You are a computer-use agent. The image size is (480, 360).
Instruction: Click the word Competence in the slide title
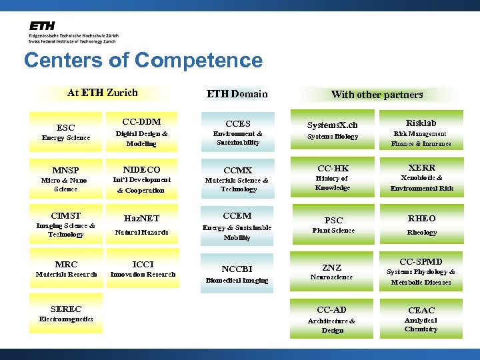click(199, 61)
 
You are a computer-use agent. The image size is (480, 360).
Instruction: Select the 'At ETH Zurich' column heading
click(103, 93)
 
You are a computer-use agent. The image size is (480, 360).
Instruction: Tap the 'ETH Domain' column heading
click(237, 94)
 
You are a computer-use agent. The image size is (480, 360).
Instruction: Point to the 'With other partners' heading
click(377, 95)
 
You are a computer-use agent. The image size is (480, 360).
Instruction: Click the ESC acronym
click(66, 127)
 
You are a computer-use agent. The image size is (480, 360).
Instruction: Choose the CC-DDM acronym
click(141, 122)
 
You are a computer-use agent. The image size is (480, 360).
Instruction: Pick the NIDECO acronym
click(141, 170)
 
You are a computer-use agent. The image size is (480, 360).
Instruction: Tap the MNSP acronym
click(65, 170)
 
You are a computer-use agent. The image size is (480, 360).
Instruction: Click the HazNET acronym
click(141, 218)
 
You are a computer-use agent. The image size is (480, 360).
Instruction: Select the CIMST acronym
click(65, 215)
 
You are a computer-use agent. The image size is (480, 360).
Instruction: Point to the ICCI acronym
click(143, 264)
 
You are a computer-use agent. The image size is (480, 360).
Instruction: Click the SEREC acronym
click(65, 309)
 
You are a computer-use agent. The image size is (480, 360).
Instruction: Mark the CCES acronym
click(238, 123)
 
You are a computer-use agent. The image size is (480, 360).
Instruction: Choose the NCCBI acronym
click(237, 269)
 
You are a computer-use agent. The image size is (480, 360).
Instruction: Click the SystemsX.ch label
click(332, 125)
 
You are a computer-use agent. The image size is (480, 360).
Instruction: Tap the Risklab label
click(421, 123)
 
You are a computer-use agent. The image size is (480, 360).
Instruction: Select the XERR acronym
click(421, 168)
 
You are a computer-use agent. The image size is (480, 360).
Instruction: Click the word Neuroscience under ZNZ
click(332, 277)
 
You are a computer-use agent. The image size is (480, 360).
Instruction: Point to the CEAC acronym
click(421, 310)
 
